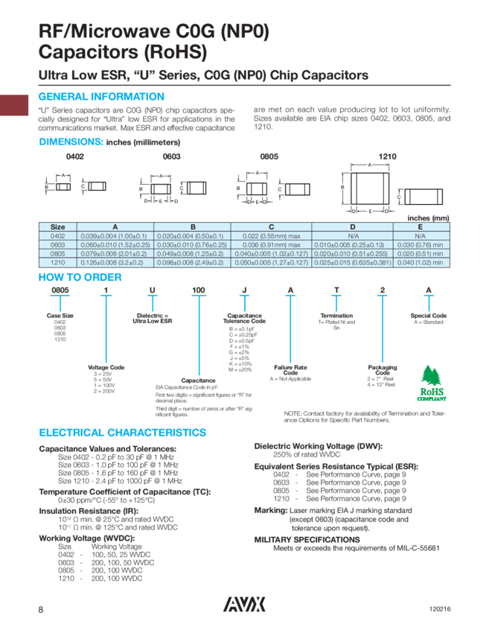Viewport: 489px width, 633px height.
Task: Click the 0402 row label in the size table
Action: point(57,235)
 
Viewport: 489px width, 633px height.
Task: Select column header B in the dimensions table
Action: point(193,226)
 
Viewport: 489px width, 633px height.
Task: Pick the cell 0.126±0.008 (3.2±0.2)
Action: point(115,262)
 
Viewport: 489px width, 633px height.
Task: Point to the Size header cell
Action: point(57,226)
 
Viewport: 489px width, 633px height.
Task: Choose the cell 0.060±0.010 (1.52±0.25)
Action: point(115,244)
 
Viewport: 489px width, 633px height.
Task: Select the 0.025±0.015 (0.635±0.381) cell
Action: point(353,262)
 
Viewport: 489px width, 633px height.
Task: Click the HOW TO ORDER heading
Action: point(80,278)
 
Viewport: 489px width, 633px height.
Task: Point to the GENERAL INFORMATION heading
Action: point(100,97)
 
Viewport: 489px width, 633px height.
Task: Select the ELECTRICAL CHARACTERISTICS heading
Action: point(122,433)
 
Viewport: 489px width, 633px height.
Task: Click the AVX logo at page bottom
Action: point(244,606)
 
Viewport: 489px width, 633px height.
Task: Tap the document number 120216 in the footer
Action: point(439,608)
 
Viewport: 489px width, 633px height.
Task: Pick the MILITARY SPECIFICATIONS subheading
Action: point(307,538)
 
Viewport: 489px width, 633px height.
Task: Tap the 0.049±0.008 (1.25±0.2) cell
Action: point(193,253)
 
